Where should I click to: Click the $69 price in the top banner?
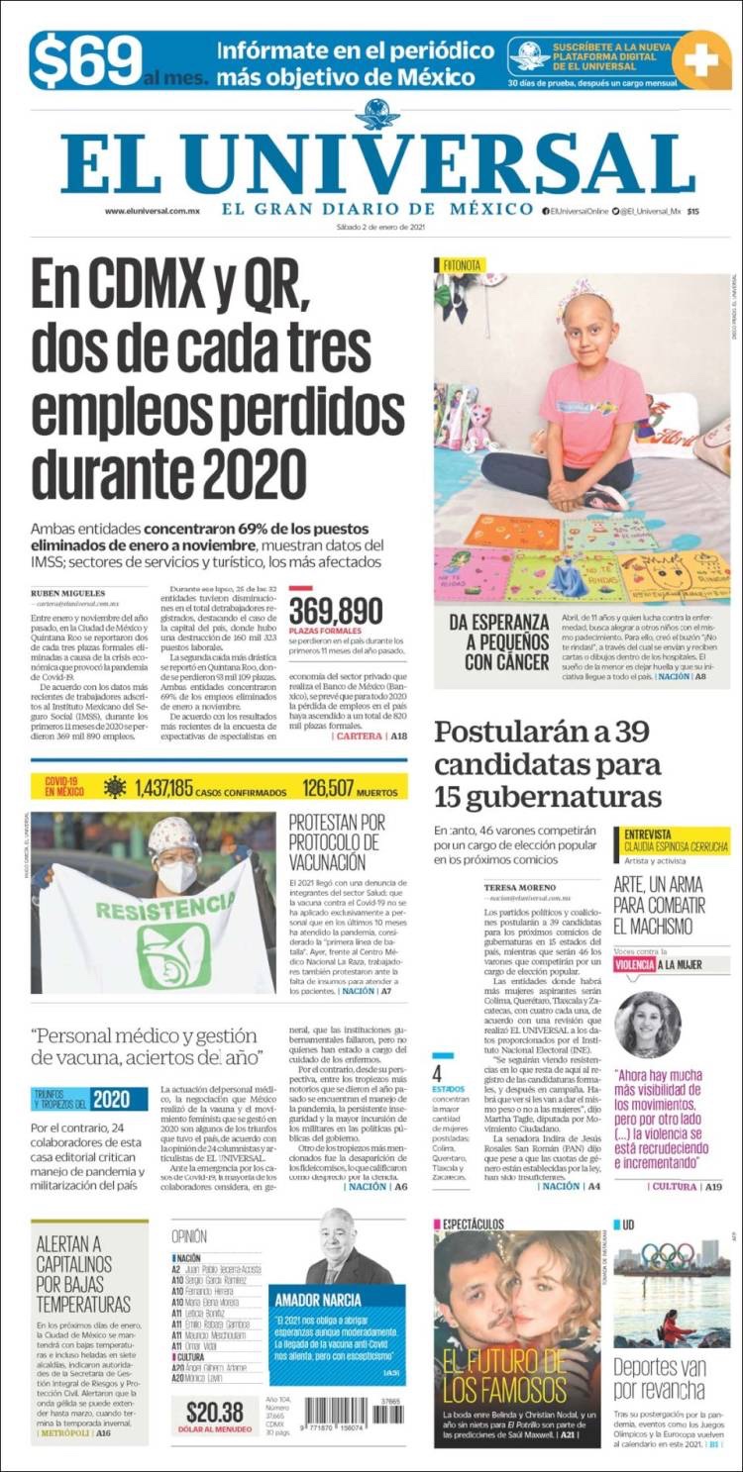tap(87, 60)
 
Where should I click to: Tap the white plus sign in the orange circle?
tap(700, 60)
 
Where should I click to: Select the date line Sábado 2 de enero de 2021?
tap(380, 229)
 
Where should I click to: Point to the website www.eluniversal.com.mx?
tap(153, 211)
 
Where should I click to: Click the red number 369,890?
tap(336, 611)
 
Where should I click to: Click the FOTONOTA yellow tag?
tap(462, 265)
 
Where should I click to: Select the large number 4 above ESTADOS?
tap(437, 1072)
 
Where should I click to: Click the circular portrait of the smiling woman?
tap(648, 1024)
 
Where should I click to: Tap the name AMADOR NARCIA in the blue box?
tap(316, 1298)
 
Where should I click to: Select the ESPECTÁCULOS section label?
tap(473, 1225)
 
